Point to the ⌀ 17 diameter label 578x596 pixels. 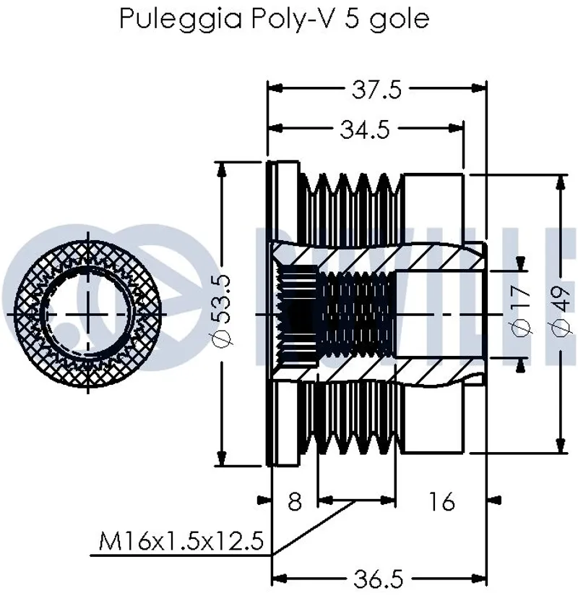(521, 312)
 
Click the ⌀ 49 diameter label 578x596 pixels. (560, 312)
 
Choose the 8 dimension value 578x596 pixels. (295, 501)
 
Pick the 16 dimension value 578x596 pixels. (441, 501)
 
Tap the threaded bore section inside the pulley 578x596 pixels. (358, 314)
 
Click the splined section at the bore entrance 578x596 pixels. (298, 314)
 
